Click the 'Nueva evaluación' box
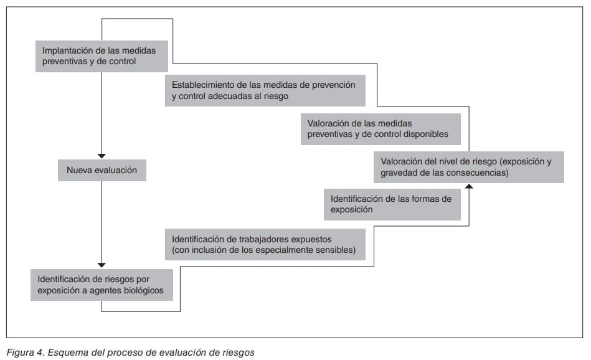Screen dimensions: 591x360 pyautogui.click(x=102, y=170)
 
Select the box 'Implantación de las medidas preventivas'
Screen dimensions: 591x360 pyautogui.click(x=102, y=56)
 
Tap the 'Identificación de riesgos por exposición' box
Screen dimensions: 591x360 pyautogui.click(x=102, y=285)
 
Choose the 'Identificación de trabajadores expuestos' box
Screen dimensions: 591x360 pyautogui.click(x=265, y=244)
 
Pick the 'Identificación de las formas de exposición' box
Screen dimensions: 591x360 pyautogui.click(x=392, y=204)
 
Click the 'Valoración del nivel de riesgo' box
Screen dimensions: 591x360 pyautogui.click(x=469, y=167)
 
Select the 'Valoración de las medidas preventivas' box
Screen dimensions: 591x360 pyautogui.click(x=381, y=129)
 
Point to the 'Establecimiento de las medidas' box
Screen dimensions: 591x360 pyautogui.click(x=265, y=90)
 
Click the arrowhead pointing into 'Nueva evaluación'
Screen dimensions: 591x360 pyautogui.click(x=102, y=156)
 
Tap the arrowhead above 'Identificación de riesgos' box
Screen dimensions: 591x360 pyautogui.click(x=102, y=265)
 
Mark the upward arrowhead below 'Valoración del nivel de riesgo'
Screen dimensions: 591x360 pyautogui.click(x=469, y=186)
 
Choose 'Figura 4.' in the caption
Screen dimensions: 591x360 pyautogui.click(x=26, y=353)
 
